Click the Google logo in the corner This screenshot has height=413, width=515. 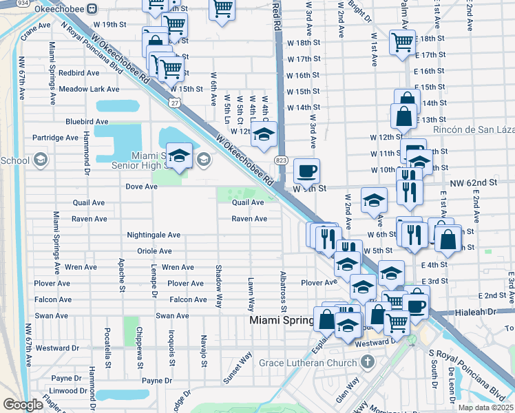tap(23, 405)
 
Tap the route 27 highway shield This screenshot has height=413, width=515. tap(175, 103)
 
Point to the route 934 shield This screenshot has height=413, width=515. tap(22, 3)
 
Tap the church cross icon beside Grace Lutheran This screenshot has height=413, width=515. tap(368, 361)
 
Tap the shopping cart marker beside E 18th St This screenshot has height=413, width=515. tap(401, 41)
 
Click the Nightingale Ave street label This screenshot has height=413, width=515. tap(154, 235)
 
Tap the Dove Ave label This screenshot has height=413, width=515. tap(142, 186)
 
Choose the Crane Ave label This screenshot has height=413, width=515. tap(36, 25)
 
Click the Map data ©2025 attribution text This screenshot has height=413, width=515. tap(485, 407)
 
